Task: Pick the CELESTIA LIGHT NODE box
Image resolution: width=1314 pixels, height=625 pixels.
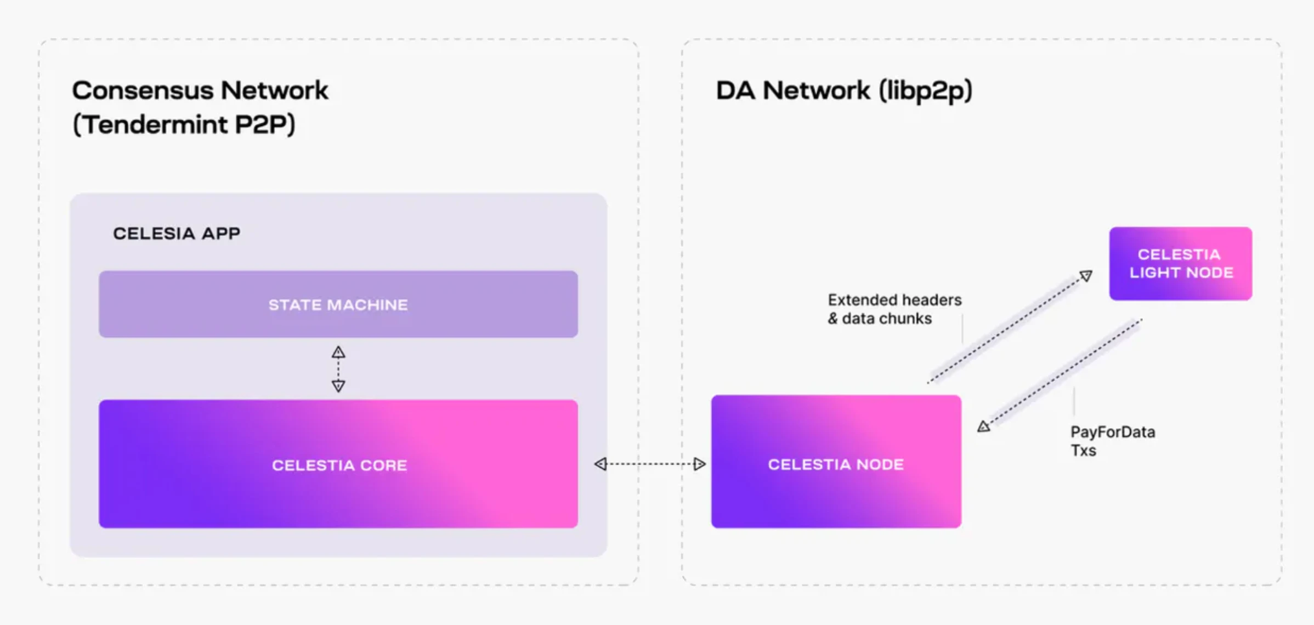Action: point(1180,264)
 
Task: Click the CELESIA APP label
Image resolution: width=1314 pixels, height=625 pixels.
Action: point(177,234)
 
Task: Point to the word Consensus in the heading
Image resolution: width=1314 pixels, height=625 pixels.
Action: point(143,90)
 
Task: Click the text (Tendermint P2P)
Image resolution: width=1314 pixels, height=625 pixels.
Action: point(184,124)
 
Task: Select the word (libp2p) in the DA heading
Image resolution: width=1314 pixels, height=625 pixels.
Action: point(925,90)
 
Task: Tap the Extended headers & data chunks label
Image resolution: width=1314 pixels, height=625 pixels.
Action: point(894,309)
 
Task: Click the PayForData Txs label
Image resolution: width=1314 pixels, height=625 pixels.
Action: point(1112,441)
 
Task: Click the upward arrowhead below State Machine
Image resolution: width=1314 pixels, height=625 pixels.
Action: point(338,352)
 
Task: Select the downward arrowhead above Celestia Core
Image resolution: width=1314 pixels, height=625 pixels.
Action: point(338,386)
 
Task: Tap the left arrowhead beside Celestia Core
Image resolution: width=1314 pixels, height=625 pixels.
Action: point(601,464)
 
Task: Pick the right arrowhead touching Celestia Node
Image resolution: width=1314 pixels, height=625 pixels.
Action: point(699,464)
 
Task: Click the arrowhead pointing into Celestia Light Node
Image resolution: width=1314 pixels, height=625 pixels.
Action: point(1086,275)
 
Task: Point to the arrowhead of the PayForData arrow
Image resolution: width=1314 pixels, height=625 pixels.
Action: point(984,427)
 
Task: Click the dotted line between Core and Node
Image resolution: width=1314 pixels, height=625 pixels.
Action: point(650,464)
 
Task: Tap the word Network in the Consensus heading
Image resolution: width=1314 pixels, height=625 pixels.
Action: point(274,90)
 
